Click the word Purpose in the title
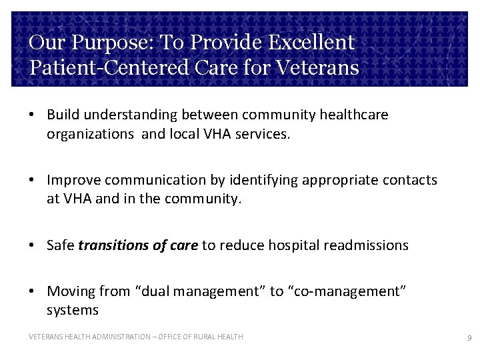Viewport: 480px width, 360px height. click(103, 43)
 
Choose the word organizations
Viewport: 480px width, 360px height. click(90, 133)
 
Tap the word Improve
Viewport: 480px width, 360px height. click(73, 180)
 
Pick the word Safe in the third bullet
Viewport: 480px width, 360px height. click(60, 245)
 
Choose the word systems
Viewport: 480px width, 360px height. click(72, 310)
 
